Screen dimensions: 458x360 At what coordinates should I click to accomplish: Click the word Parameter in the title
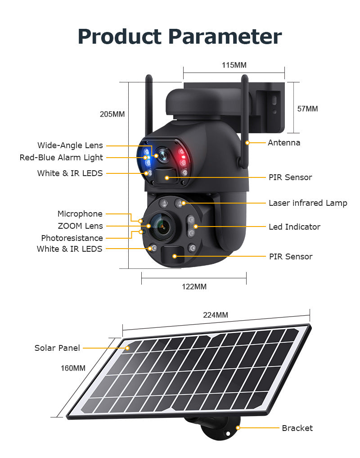pyautogui.click(x=224, y=37)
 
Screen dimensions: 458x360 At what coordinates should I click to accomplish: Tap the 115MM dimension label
pyautogui.click(x=234, y=65)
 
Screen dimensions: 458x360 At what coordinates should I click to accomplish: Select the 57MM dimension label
pyautogui.click(x=308, y=109)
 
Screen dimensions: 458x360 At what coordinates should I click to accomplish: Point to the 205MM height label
pyautogui.click(x=112, y=114)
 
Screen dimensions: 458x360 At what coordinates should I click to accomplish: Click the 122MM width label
pyautogui.click(x=194, y=286)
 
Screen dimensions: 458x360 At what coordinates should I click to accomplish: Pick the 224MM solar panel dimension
pyautogui.click(x=216, y=315)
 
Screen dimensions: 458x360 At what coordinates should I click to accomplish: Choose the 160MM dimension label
pyautogui.click(x=73, y=368)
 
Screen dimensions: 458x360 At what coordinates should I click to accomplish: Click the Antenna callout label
pyautogui.click(x=284, y=143)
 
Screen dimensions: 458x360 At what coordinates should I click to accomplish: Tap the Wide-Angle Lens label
pyautogui.click(x=70, y=145)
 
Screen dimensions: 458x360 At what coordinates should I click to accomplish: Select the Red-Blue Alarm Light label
pyautogui.click(x=61, y=158)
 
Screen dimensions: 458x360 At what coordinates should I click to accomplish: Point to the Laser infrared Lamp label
pyautogui.click(x=308, y=203)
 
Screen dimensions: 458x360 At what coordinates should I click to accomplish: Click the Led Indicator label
pyautogui.click(x=294, y=227)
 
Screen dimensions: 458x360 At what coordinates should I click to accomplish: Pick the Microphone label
pyautogui.click(x=80, y=214)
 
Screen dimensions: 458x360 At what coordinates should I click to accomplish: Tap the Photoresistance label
pyautogui.click(x=72, y=238)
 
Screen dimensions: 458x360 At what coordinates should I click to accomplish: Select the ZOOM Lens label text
pyautogui.click(x=80, y=226)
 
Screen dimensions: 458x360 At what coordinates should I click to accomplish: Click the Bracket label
pyautogui.click(x=297, y=428)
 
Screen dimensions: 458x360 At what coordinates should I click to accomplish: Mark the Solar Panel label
pyautogui.click(x=57, y=348)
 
